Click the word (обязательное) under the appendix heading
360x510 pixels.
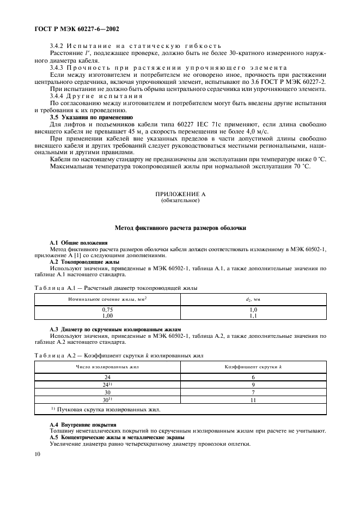tap(180, 200)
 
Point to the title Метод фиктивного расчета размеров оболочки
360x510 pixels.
tap(180, 228)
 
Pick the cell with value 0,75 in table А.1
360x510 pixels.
tap(107, 309)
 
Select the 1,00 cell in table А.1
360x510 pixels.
tap(107, 315)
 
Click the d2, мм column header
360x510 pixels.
tap(253, 299)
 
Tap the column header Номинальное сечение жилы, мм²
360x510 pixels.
tap(107, 299)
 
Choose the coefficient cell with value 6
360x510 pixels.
tap(253, 377)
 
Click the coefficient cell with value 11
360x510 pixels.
tap(253, 400)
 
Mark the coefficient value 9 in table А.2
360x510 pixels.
tap(253, 385)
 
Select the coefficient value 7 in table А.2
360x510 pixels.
tap(253, 392)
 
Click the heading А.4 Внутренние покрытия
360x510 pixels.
tap(82, 424)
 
